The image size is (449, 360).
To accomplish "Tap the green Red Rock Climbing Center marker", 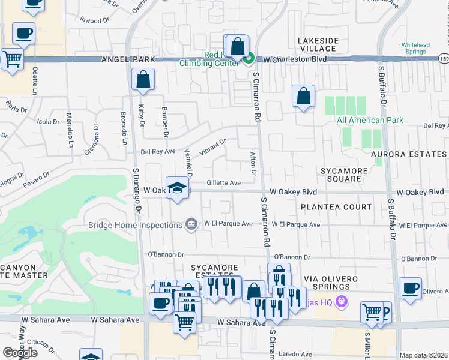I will tap(249, 58).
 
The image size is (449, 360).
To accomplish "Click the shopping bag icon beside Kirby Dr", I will tap(143, 80).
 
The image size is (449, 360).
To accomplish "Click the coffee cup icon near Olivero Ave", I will tap(410, 289).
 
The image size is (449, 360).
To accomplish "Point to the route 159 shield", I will tap(443, 59).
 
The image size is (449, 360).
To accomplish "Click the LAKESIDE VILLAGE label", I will tap(318, 44).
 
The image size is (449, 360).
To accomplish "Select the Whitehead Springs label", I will tap(417, 49).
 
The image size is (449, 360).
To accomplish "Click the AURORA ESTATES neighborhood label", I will tap(409, 154).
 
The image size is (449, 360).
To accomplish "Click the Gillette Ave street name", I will tap(223, 183).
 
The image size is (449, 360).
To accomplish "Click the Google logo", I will tap(20, 353).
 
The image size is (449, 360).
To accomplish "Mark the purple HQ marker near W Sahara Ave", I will tap(343, 301).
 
